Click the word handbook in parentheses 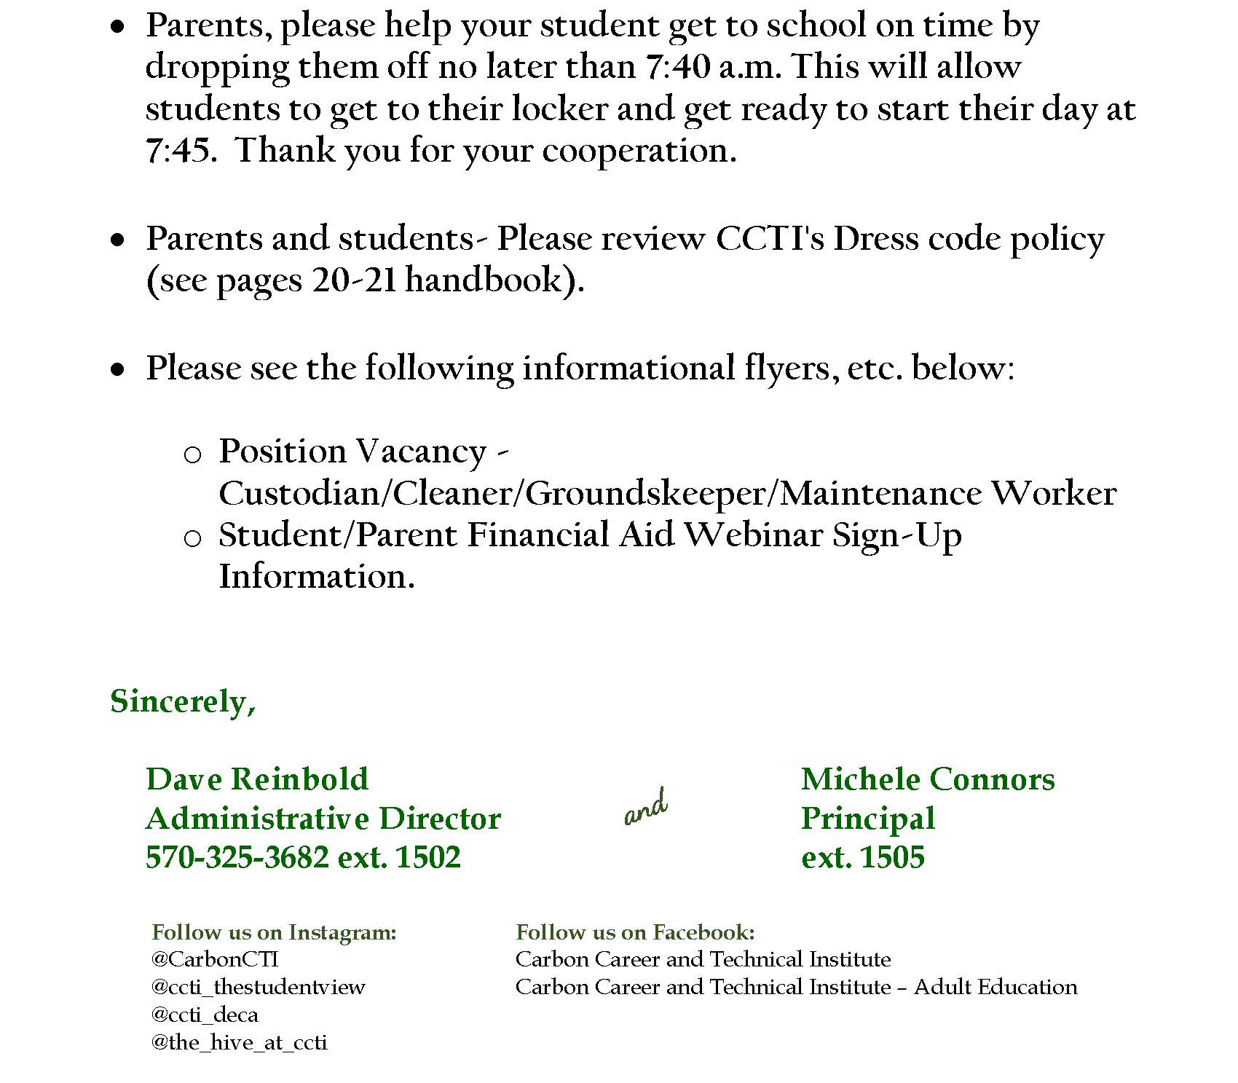[x=484, y=280]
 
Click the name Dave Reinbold [x=257, y=779]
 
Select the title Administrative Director [x=323, y=819]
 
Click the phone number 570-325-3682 [x=237, y=857]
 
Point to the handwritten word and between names [x=646, y=808]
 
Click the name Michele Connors [x=928, y=779]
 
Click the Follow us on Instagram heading [x=274, y=932]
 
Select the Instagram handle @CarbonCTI [x=215, y=959]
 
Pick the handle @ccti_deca [x=205, y=1015]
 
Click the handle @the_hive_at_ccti [x=239, y=1042]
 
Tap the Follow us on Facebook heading [x=635, y=932]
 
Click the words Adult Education [x=995, y=987]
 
